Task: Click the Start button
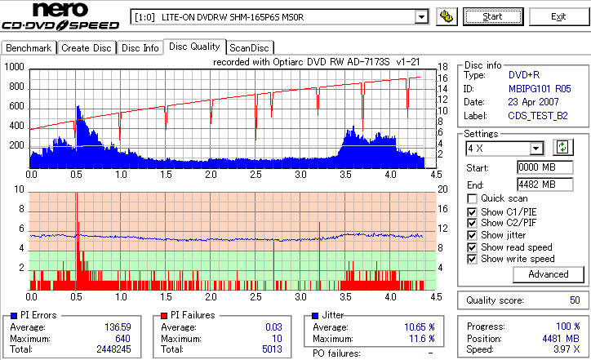[493, 16]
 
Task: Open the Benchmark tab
[29, 48]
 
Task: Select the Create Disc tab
[87, 48]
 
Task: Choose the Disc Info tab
[140, 48]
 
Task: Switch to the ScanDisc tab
[249, 48]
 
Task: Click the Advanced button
[548, 274]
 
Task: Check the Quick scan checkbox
[472, 198]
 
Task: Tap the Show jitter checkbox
[472, 235]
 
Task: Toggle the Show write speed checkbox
[472, 260]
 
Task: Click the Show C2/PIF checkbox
[472, 223]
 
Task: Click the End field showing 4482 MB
[538, 184]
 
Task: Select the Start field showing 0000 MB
[538, 167]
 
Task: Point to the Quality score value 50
[573, 300]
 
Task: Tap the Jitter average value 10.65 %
[418, 327]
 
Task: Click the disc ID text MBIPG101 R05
[538, 88]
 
